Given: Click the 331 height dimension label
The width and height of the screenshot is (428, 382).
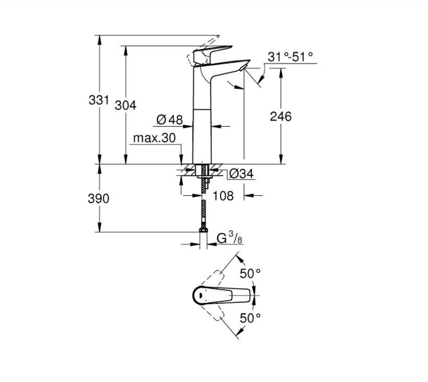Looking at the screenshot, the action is click(99, 100).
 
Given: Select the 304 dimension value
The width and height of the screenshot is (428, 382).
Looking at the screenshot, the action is click(126, 105).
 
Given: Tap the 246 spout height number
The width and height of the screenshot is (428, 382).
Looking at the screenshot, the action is click(280, 116).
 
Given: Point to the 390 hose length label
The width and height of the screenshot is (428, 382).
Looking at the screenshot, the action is click(99, 199).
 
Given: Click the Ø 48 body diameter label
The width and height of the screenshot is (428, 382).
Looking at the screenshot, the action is click(169, 120).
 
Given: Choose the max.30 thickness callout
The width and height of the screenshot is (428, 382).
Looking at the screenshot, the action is click(154, 138).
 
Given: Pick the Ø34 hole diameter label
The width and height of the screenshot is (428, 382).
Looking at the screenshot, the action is click(241, 174).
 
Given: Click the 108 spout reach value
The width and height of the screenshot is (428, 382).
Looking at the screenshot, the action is click(223, 196).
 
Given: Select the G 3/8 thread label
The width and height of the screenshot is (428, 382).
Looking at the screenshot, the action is click(229, 238).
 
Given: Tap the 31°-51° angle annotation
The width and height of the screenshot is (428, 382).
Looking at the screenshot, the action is click(290, 57).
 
